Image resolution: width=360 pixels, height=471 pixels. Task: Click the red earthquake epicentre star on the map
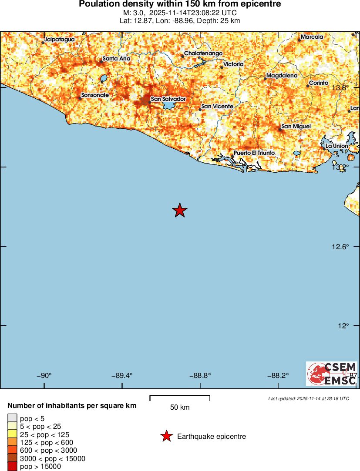(179, 210)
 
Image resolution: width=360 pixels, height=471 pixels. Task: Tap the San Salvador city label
(168, 99)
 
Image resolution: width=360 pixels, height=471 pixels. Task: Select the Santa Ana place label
(116, 59)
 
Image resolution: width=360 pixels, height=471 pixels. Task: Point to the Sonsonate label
(95, 95)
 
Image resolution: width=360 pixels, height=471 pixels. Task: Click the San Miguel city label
(296, 127)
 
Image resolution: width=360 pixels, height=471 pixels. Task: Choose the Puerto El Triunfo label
(254, 153)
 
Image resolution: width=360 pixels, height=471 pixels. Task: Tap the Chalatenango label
(203, 53)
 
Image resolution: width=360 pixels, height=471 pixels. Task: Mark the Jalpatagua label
(60, 40)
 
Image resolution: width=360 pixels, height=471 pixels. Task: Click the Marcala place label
(312, 37)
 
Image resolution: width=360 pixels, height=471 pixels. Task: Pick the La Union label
(337, 146)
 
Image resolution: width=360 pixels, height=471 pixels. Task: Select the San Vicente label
(217, 107)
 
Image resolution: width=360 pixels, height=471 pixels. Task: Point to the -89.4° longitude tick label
(122, 376)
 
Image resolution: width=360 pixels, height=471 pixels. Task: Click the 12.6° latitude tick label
(340, 247)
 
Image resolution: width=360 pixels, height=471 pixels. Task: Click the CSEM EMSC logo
(331, 374)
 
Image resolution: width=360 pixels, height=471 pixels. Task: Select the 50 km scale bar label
(180, 408)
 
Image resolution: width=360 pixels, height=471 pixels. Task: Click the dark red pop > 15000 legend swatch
(13, 467)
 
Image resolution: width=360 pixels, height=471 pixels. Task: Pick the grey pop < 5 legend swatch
(13, 419)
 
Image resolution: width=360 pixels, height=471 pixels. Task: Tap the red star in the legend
(166, 436)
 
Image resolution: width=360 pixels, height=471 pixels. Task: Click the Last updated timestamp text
(309, 398)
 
